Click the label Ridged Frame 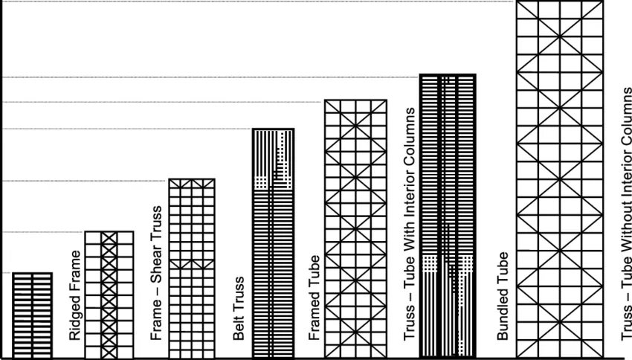(74, 295)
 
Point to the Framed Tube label (315, 298)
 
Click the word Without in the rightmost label (625, 236)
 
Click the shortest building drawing (32, 315)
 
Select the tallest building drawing (560, 179)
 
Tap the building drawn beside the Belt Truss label (193, 268)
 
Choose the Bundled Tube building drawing (447, 216)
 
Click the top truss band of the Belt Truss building (193, 183)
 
